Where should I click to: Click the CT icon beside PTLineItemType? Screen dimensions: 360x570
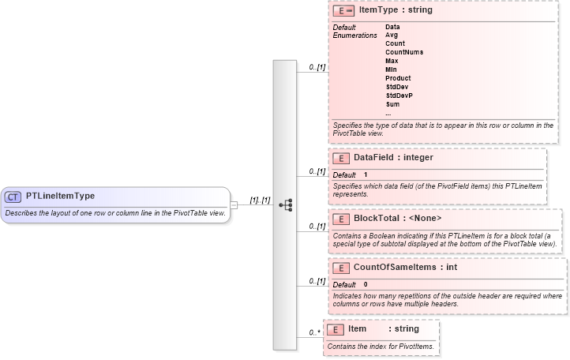pos(13,197)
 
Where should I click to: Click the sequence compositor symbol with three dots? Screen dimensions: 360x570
pos(285,204)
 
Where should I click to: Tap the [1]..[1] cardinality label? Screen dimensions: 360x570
pos(260,201)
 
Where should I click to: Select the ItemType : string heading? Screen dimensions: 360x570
pos(396,11)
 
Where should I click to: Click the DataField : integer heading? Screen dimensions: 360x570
pos(393,158)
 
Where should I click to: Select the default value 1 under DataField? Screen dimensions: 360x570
pos(366,174)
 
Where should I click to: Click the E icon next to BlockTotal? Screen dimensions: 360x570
pos(341,219)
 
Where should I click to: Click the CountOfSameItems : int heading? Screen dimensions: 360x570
pos(405,268)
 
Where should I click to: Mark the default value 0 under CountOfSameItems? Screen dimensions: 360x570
pos(366,284)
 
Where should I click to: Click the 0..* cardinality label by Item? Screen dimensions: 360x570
pos(314,333)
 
